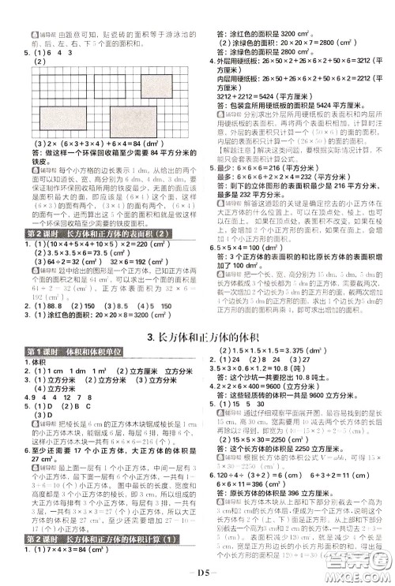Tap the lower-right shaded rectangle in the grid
(161, 121)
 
